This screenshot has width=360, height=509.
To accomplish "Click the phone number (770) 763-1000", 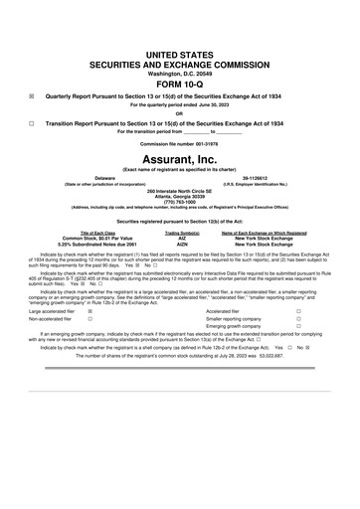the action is pos(180,201).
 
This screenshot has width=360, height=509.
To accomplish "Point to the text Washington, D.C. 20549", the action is pos(179,72).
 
